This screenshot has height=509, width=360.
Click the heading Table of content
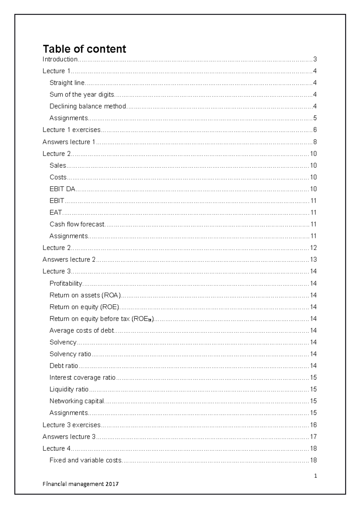click(84, 49)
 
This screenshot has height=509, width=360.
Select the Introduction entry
click(60, 59)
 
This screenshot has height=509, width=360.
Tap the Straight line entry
click(67, 83)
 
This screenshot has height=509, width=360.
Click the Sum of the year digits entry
click(82, 95)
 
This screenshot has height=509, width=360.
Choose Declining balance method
click(88, 106)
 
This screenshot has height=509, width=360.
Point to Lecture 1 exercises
click(71, 130)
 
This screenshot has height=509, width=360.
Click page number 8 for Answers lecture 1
click(315, 142)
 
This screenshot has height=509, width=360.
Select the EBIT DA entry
click(62, 189)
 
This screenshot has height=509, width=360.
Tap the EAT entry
click(55, 213)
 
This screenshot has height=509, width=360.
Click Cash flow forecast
click(77, 224)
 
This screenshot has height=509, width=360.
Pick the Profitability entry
click(66, 283)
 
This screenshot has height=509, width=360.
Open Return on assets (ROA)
click(85, 295)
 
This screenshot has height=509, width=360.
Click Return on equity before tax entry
click(101, 319)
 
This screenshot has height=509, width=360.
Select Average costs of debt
click(82, 331)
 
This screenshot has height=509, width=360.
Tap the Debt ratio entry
click(64, 366)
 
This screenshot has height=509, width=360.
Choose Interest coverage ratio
click(82, 377)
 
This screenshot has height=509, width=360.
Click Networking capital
click(76, 401)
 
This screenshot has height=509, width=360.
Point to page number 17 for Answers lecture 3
click(313, 437)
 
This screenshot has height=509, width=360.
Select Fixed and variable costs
click(85, 460)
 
